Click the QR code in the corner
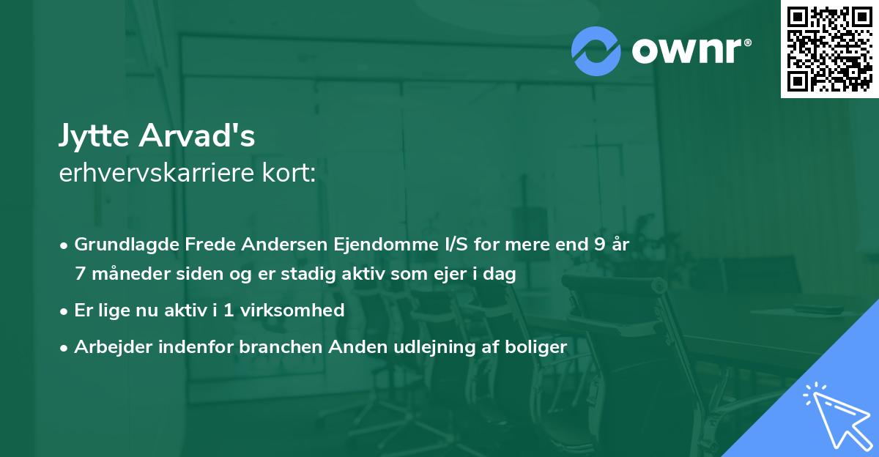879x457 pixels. (x=829, y=48)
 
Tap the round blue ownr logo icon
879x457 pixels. (x=596, y=51)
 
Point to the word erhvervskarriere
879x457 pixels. (x=152, y=174)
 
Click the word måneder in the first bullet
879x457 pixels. (x=124, y=275)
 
